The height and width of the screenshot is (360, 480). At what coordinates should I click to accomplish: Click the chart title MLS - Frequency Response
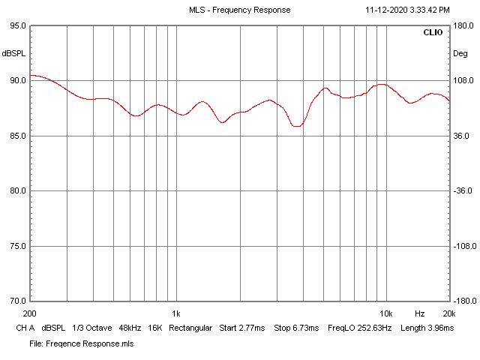click(x=239, y=10)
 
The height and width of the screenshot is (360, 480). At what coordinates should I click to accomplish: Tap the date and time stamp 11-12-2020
click(x=407, y=10)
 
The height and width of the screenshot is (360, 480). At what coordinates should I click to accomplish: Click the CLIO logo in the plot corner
click(x=433, y=33)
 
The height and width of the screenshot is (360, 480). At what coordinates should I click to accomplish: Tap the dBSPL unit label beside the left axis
click(x=13, y=53)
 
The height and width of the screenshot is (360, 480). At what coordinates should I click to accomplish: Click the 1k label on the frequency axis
click(x=175, y=313)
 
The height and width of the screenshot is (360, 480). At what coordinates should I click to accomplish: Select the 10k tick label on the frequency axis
click(x=386, y=313)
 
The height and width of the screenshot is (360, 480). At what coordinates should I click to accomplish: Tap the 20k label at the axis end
click(x=448, y=313)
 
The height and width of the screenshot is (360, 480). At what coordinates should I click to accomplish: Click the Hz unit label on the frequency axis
click(x=419, y=313)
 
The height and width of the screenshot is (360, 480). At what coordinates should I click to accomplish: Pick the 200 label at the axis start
click(x=31, y=313)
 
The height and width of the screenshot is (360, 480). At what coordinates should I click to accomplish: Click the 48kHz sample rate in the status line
click(x=129, y=328)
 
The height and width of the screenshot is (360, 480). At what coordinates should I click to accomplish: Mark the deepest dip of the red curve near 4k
click(x=297, y=126)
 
